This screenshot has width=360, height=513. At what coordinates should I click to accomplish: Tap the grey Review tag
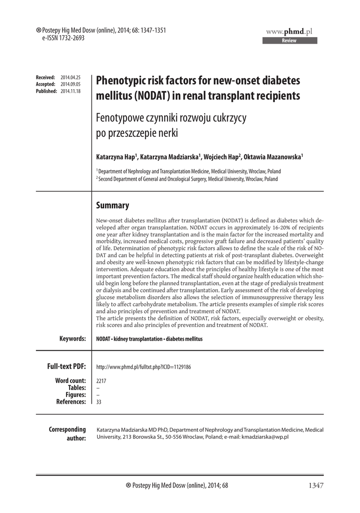pyautogui.click(x=289, y=41)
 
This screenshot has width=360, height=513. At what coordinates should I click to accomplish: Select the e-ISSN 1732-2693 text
pyautogui.click(x=57, y=38)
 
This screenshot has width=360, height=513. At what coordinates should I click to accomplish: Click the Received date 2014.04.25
pyautogui.click(x=71, y=77)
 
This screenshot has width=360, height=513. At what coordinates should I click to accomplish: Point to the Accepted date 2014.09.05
pyautogui.click(x=71, y=84)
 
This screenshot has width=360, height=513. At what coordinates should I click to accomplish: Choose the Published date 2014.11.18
pyautogui.click(x=71, y=91)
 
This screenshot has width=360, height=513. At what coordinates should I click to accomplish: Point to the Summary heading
pyautogui.click(x=112, y=205)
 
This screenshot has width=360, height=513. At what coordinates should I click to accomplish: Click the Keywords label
pyautogui.click(x=73, y=339)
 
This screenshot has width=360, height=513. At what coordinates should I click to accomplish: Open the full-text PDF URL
pyautogui.click(x=143, y=367)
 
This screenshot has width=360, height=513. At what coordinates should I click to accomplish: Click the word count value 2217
pyautogui.click(x=101, y=381)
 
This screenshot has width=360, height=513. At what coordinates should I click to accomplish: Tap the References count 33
pyautogui.click(x=99, y=402)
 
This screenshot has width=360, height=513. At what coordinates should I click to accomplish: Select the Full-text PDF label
pyautogui.click(x=67, y=367)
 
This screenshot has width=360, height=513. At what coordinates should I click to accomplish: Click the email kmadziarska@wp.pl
pyautogui.click(x=265, y=437)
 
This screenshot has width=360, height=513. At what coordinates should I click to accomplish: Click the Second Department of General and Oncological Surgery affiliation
pyautogui.click(x=187, y=178)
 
